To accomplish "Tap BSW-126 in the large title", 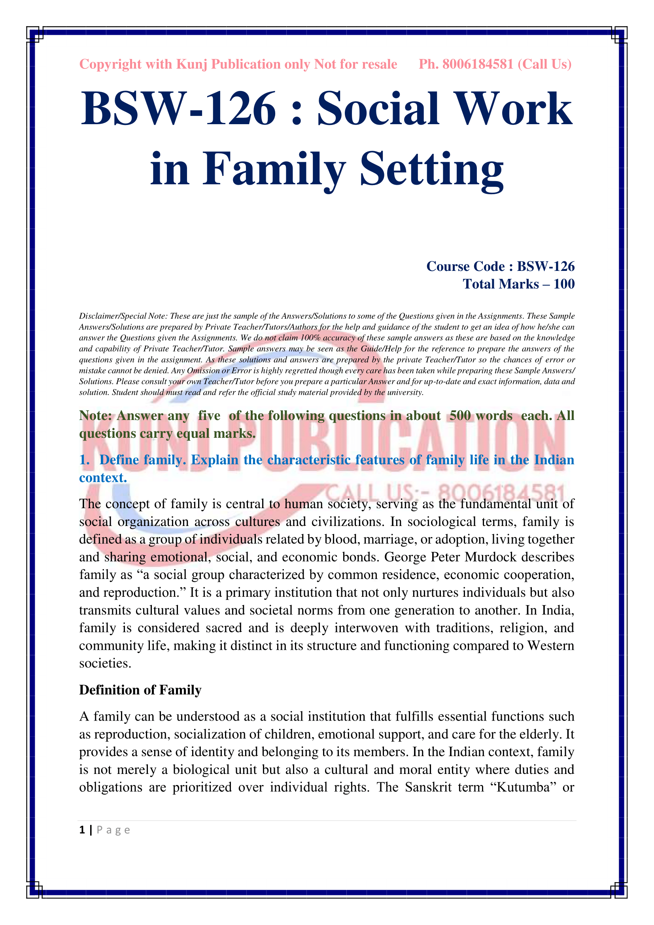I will (178, 109).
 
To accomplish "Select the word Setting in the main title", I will (431, 169).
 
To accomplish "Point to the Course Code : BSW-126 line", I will (500, 266).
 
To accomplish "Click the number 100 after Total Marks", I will (564, 284).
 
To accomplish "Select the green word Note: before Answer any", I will (95, 416).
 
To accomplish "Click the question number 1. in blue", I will (84, 460).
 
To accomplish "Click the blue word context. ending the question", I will (103, 478).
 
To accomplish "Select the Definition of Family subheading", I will (140, 690).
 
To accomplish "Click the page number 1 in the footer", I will (82, 830).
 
